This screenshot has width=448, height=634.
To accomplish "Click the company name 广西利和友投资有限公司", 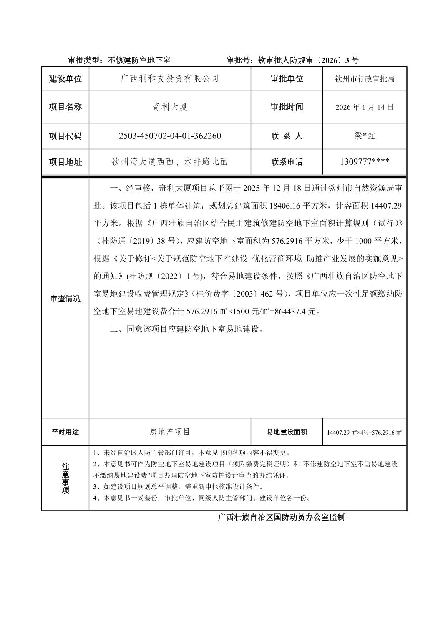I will (x=170, y=78).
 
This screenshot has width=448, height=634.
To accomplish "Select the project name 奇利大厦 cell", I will (x=170, y=107).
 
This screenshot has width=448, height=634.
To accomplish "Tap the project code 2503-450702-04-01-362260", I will (x=170, y=136).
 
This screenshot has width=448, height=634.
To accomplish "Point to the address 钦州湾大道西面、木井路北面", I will (x=170, y=162).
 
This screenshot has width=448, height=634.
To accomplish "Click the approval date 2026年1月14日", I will (x=364, y=107).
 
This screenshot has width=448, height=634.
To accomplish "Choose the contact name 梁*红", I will (x=364, y=136).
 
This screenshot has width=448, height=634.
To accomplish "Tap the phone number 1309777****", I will (x=364, y=162).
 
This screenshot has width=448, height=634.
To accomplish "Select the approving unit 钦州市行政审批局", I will (x=364, y=78).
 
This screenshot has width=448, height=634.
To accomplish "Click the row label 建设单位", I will (x=65, y=78).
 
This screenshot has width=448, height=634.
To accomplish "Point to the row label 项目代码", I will (x=65, y=136).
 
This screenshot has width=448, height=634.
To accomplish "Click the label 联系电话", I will (x=287, y=162).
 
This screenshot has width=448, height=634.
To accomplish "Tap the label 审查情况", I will (x=65, y=299).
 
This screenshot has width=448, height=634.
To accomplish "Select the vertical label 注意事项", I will (x=65, y=478).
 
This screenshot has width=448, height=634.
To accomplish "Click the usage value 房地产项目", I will (x=170, y=432).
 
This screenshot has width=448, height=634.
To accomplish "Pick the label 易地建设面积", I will (x=287, y=432).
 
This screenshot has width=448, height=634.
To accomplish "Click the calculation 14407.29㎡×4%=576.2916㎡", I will (x=364, y=432).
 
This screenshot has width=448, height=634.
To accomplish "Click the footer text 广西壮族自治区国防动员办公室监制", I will (x=281, y=518).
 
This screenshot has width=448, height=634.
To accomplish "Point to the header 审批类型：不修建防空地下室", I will (x=119, y=60).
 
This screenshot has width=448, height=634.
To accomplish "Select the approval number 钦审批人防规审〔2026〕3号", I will (x=292, y=60).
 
